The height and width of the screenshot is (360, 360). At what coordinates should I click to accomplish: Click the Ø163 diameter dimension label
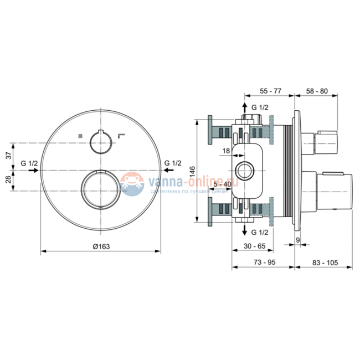[101, 246]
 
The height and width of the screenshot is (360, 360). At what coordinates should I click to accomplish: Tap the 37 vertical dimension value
[8, 156]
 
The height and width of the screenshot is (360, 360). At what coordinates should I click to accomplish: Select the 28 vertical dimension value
[8, 179]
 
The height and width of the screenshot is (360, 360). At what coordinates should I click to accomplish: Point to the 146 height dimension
[192, 172]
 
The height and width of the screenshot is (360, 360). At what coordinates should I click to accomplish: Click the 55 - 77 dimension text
[270, 91]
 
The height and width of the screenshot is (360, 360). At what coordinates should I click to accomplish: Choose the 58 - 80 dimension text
[317, 91]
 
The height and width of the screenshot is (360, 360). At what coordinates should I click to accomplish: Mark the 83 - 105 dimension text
[325, 262]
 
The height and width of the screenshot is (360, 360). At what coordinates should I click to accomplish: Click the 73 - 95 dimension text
[265, 262]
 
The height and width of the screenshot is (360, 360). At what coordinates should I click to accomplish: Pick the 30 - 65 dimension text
[255, 246]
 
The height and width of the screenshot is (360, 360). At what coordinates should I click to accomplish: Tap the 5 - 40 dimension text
[223, 184]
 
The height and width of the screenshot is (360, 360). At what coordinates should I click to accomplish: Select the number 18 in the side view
[226, 151]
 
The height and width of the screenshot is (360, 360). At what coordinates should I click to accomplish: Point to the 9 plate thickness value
[298, 240]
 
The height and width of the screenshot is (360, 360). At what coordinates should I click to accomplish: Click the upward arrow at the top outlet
[245, 108]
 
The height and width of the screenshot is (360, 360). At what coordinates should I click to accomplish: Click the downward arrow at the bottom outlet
[245, 230]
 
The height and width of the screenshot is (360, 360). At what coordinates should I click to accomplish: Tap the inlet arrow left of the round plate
[33, 170]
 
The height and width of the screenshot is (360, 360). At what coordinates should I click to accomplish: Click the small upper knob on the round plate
[101, 142]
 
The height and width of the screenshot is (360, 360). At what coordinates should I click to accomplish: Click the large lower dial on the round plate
[101, 189]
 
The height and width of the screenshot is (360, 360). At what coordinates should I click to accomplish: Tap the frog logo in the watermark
[132, 184]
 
